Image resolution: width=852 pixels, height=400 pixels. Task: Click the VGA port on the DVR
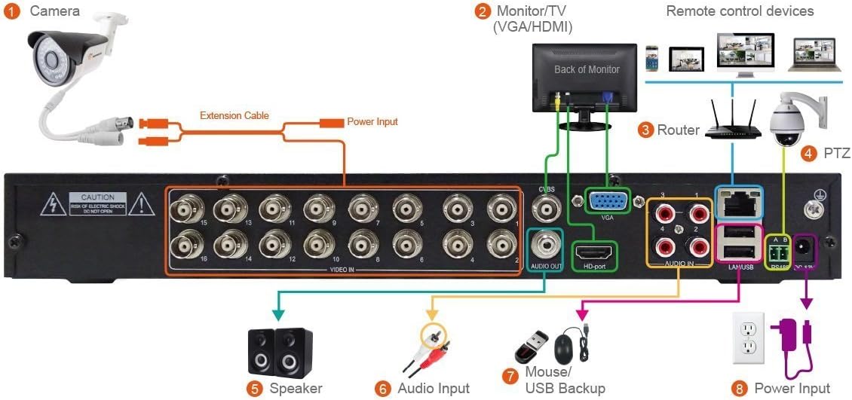(x=607, y=202)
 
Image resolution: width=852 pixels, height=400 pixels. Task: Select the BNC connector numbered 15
(x=181, y=208)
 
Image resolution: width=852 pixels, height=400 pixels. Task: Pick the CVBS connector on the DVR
(x=546, y=206)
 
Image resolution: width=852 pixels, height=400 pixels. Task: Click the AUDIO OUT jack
(x=545, y=246)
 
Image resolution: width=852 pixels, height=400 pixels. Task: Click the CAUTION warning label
(x=97, y=203)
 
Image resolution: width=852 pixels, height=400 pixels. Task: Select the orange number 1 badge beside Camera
(x=12, y=12)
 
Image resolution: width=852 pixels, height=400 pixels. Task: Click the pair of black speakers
(x=280, y=352)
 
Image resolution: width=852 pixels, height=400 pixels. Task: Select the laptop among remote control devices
(x=813, y=55)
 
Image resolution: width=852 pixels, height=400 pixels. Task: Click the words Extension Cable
(x=234, y=115)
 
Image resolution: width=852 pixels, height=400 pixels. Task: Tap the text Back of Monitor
(x=587, y=69)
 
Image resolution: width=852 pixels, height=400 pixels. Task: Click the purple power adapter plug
(x=789, y=337)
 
